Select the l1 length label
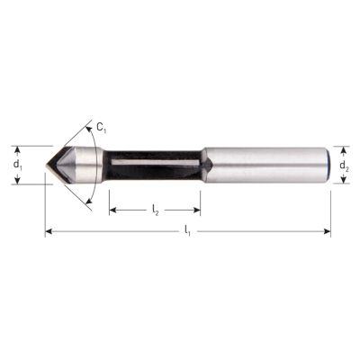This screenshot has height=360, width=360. [x=187, y=231]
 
